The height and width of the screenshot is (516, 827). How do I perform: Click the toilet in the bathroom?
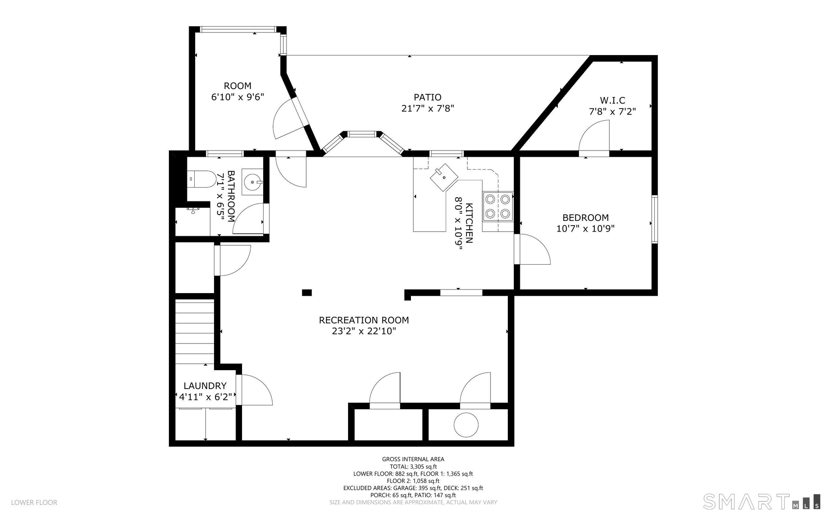[x=202, y=179]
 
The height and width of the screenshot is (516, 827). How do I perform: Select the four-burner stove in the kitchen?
[x=497, y=206]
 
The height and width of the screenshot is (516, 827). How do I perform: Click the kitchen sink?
[x=444, y=177]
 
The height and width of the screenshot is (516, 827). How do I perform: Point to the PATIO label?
[x=427, y=97]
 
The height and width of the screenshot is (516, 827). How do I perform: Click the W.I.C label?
[x=612, y=101]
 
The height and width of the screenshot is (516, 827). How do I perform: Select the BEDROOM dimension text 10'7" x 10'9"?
[x=585, y=229]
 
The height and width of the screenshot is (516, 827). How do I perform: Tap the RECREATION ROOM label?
[x=364, y=320]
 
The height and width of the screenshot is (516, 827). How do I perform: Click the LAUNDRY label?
[x=205, y=386]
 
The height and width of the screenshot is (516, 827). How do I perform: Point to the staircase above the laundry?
[x=195, y=332]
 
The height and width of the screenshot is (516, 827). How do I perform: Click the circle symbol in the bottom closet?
[x=466, y=425]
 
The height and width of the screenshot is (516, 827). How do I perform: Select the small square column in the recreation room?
[x=307, y=293]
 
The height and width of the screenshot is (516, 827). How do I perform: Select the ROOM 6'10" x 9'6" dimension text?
[x=237, y=97]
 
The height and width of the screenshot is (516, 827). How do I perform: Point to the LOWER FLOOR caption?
[x=34, y=502]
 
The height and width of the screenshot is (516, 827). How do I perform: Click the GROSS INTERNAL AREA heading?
[x=413, y=459]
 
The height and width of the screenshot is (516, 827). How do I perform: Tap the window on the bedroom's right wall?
[x=654, y=219]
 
